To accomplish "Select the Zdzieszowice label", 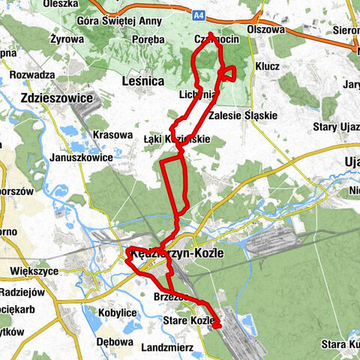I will tap(57, 98).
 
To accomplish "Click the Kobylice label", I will tap(117, 310).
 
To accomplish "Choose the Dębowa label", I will tap(115, 338).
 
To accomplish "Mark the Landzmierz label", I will tap(167, 347).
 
